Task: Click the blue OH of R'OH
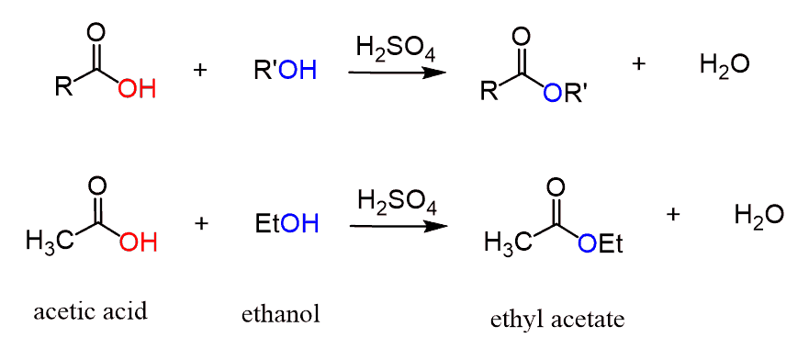tap(298, 71)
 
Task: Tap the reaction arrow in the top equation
tap(397, 73)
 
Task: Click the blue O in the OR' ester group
tap(552, 93)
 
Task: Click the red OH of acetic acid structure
tap(138, 242)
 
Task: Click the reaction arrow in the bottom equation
tap(399, 226)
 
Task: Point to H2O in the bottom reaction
tap(759, 214)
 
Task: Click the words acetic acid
tap(91, 311)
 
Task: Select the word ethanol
tap(281, 313)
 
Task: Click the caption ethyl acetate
tap(557, 320)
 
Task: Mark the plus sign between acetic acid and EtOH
tap(201, 223)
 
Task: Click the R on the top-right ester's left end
tap(487, 93)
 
